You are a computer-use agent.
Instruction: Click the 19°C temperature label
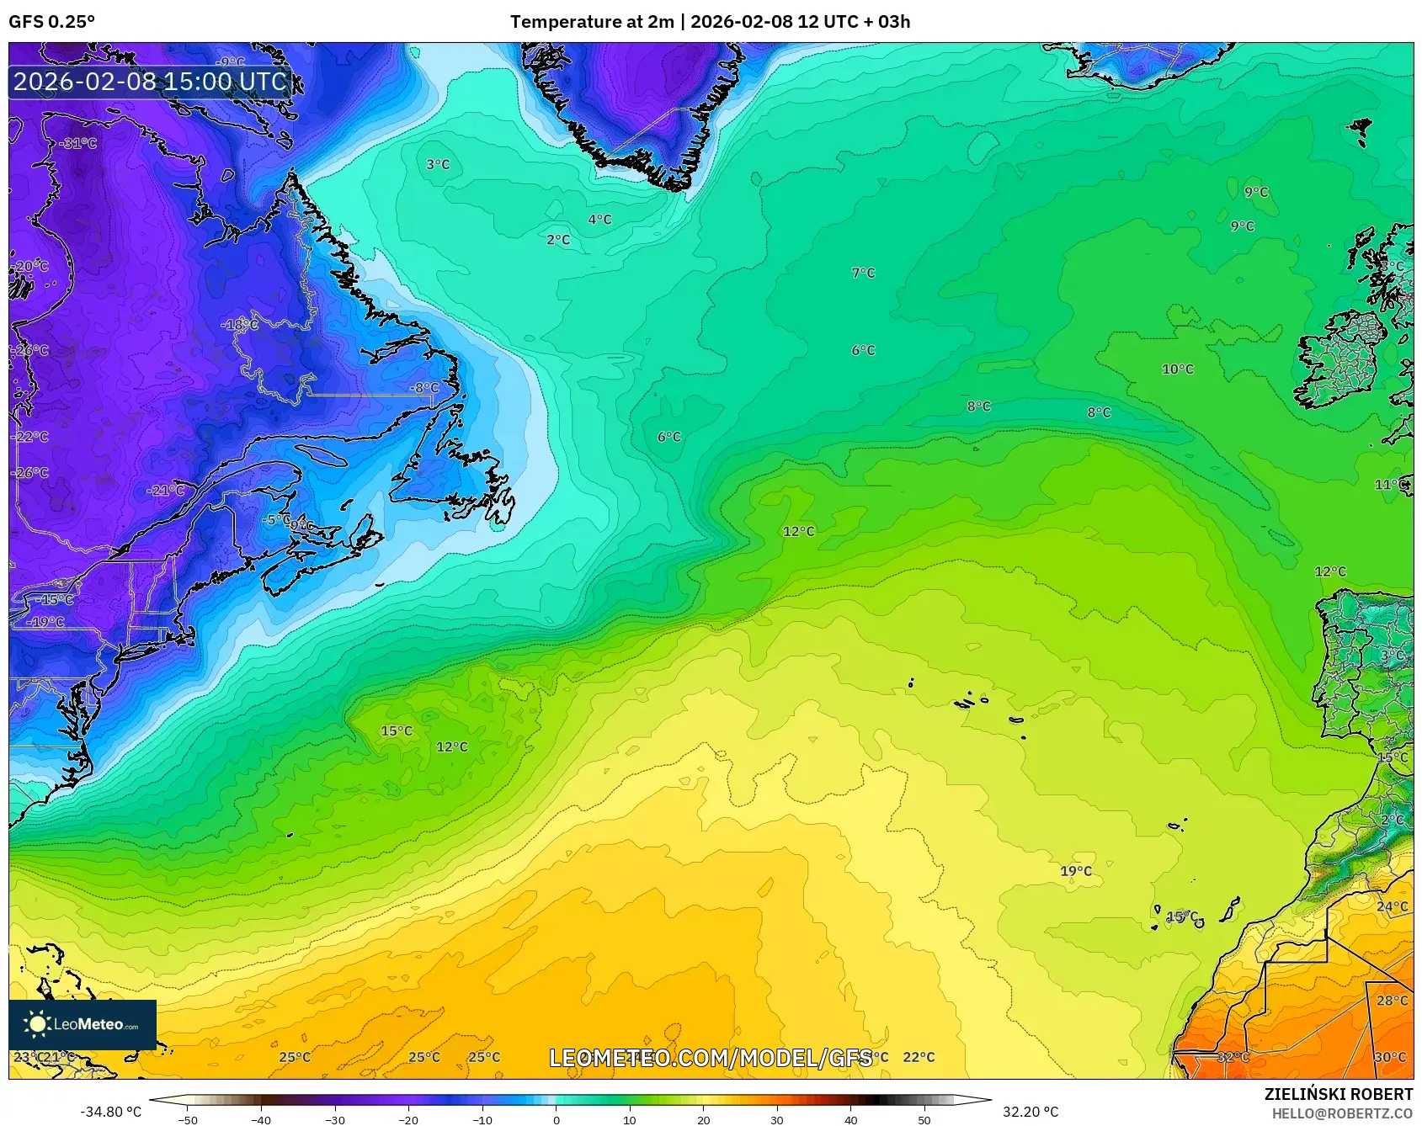[x=1075, y=871]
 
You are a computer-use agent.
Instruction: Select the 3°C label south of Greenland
[x=438, y=165]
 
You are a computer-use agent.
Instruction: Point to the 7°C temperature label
[x=863, y=273]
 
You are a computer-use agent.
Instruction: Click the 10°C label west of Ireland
[x=1177, y=369]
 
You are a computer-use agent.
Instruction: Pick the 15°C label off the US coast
[x=396, y=730]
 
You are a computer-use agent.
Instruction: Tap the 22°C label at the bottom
[x=918, y=1057]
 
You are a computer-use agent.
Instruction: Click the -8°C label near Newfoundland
[x=423, y=388]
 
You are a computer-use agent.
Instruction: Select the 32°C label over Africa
[x=1233, y=1057]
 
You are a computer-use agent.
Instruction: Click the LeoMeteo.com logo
[x=83, y=1024]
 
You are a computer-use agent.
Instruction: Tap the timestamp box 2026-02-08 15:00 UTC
[x=150, y=82]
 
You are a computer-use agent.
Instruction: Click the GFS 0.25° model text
[x=52, y=22]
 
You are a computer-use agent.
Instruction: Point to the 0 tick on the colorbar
[x=556, y=1119]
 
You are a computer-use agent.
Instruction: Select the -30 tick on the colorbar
[x=334, y=1119]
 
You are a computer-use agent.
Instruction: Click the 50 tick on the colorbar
[x=924, y=1119]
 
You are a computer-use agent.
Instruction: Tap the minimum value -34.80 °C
[x=110, y=1112]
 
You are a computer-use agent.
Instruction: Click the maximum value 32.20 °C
[x=1030, y=1112]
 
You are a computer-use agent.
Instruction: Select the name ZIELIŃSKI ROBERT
[x=1338, y=1094]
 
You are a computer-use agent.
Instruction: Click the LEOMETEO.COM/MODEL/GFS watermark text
[x=711, y=1058]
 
